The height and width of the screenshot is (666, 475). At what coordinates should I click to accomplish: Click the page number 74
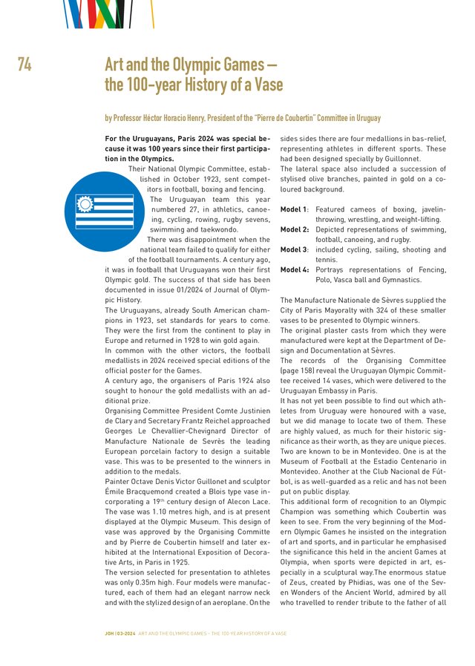[24, 65]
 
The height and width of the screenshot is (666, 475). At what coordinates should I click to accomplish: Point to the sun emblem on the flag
[84, 203]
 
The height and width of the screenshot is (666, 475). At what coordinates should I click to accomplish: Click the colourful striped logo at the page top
[104, 13]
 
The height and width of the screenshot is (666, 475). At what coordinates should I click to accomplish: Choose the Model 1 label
[294, 209]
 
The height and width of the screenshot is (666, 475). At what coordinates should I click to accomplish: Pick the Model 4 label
[295, 270]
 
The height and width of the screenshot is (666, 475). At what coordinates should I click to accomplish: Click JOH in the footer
[109, 633]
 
